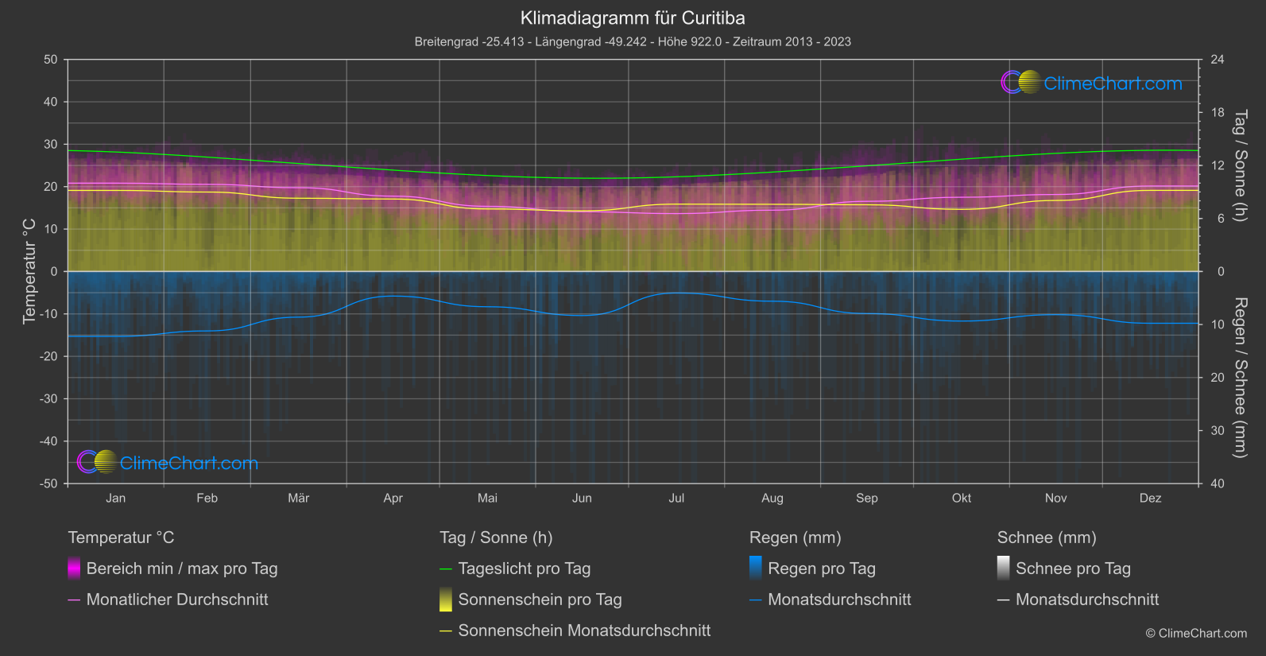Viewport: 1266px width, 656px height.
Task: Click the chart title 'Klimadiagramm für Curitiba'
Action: (633, 17)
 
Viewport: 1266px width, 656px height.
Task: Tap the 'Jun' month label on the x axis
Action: (582, 498)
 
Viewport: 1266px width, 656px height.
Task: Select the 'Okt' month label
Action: (961, 498)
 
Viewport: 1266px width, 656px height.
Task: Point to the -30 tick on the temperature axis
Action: (49, 398)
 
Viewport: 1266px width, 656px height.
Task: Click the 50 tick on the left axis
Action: (51, 60)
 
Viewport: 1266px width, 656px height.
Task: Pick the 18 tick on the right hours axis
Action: (1218, 113)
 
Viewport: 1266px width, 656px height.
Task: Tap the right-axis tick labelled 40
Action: (1218, 483)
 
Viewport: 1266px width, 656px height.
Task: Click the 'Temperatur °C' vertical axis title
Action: (29, 271)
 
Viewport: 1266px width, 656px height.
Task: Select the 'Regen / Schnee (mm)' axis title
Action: (1240, 378)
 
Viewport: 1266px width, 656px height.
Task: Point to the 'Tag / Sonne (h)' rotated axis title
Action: (1240, 165)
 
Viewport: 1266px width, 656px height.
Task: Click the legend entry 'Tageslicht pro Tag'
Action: (524, 569)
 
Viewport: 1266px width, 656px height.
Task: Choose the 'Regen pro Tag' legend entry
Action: (821, 569)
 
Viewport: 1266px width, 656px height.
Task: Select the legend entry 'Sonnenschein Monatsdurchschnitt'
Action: (584, 631)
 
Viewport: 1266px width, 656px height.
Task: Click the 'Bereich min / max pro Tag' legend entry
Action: (181, 569)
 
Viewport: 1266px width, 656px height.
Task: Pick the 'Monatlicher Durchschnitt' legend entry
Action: (176, 600)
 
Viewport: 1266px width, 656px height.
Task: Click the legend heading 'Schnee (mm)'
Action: (1047, 538)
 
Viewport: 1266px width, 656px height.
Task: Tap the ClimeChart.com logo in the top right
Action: (1091, 83)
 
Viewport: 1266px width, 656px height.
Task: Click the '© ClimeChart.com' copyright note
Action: (1196, 634)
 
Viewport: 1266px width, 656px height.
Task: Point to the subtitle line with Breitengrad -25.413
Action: (633, 41)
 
